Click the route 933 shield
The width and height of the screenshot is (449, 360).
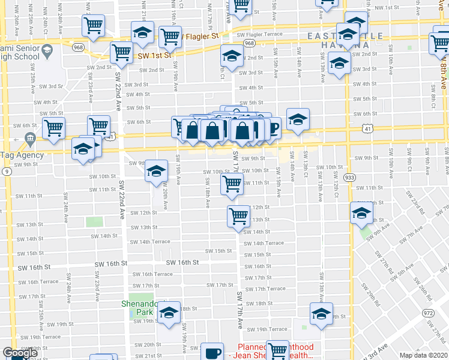point(349,178)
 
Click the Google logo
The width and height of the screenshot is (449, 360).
point(20,353)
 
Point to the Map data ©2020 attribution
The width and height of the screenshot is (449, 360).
point(424,355)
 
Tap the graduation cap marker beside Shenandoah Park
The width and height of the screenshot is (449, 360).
point(169,312)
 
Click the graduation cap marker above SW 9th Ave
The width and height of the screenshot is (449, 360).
point(361,214)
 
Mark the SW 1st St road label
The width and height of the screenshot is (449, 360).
point(154,56)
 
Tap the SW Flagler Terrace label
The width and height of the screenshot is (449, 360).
point(259,35)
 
